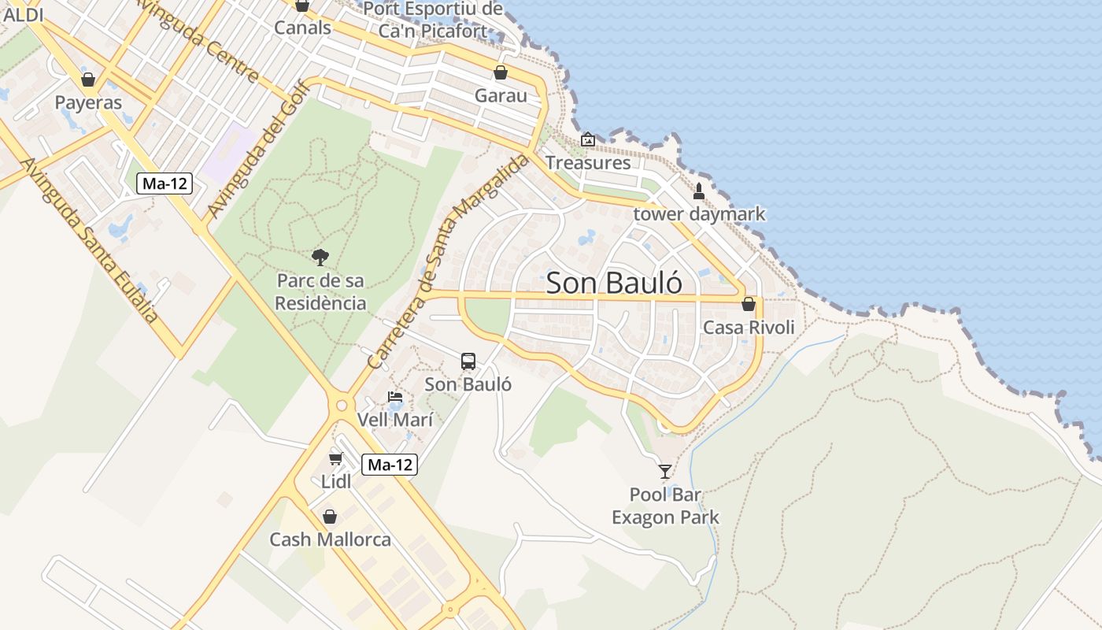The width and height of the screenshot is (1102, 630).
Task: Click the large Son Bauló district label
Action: [x=613, y=283]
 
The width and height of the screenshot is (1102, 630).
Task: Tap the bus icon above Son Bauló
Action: [x=468, y=361]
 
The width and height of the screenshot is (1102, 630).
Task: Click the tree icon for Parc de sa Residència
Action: [x=320, y=257]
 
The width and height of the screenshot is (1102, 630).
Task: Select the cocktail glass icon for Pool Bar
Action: [x=665, y=471]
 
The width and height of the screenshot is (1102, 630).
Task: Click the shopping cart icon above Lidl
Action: [x=336, y=458]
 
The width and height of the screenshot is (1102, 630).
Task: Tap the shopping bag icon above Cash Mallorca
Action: [x=330, y=517]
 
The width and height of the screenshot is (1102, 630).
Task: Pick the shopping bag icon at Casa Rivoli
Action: [x=749, y=304]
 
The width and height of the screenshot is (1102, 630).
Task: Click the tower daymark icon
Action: [x=698, y=191]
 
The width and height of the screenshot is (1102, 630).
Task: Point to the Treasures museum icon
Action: [x=588, y=139]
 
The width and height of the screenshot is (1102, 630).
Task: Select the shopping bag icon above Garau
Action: [x=501, y=73]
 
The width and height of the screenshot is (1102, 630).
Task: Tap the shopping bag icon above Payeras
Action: [x=88, y=80]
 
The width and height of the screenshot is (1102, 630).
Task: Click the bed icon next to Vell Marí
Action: [x=395, y=397]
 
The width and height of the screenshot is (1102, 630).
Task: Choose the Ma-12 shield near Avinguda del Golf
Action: [x=165, y=183]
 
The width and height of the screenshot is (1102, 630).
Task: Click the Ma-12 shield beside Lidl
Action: [x=390, y=465]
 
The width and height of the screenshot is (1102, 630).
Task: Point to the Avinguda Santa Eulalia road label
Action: [x=90, y=240]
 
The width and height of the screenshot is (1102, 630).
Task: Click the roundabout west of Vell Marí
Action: [x=342, y=406]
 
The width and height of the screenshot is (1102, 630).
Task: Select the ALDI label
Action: [x=24, y=14]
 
